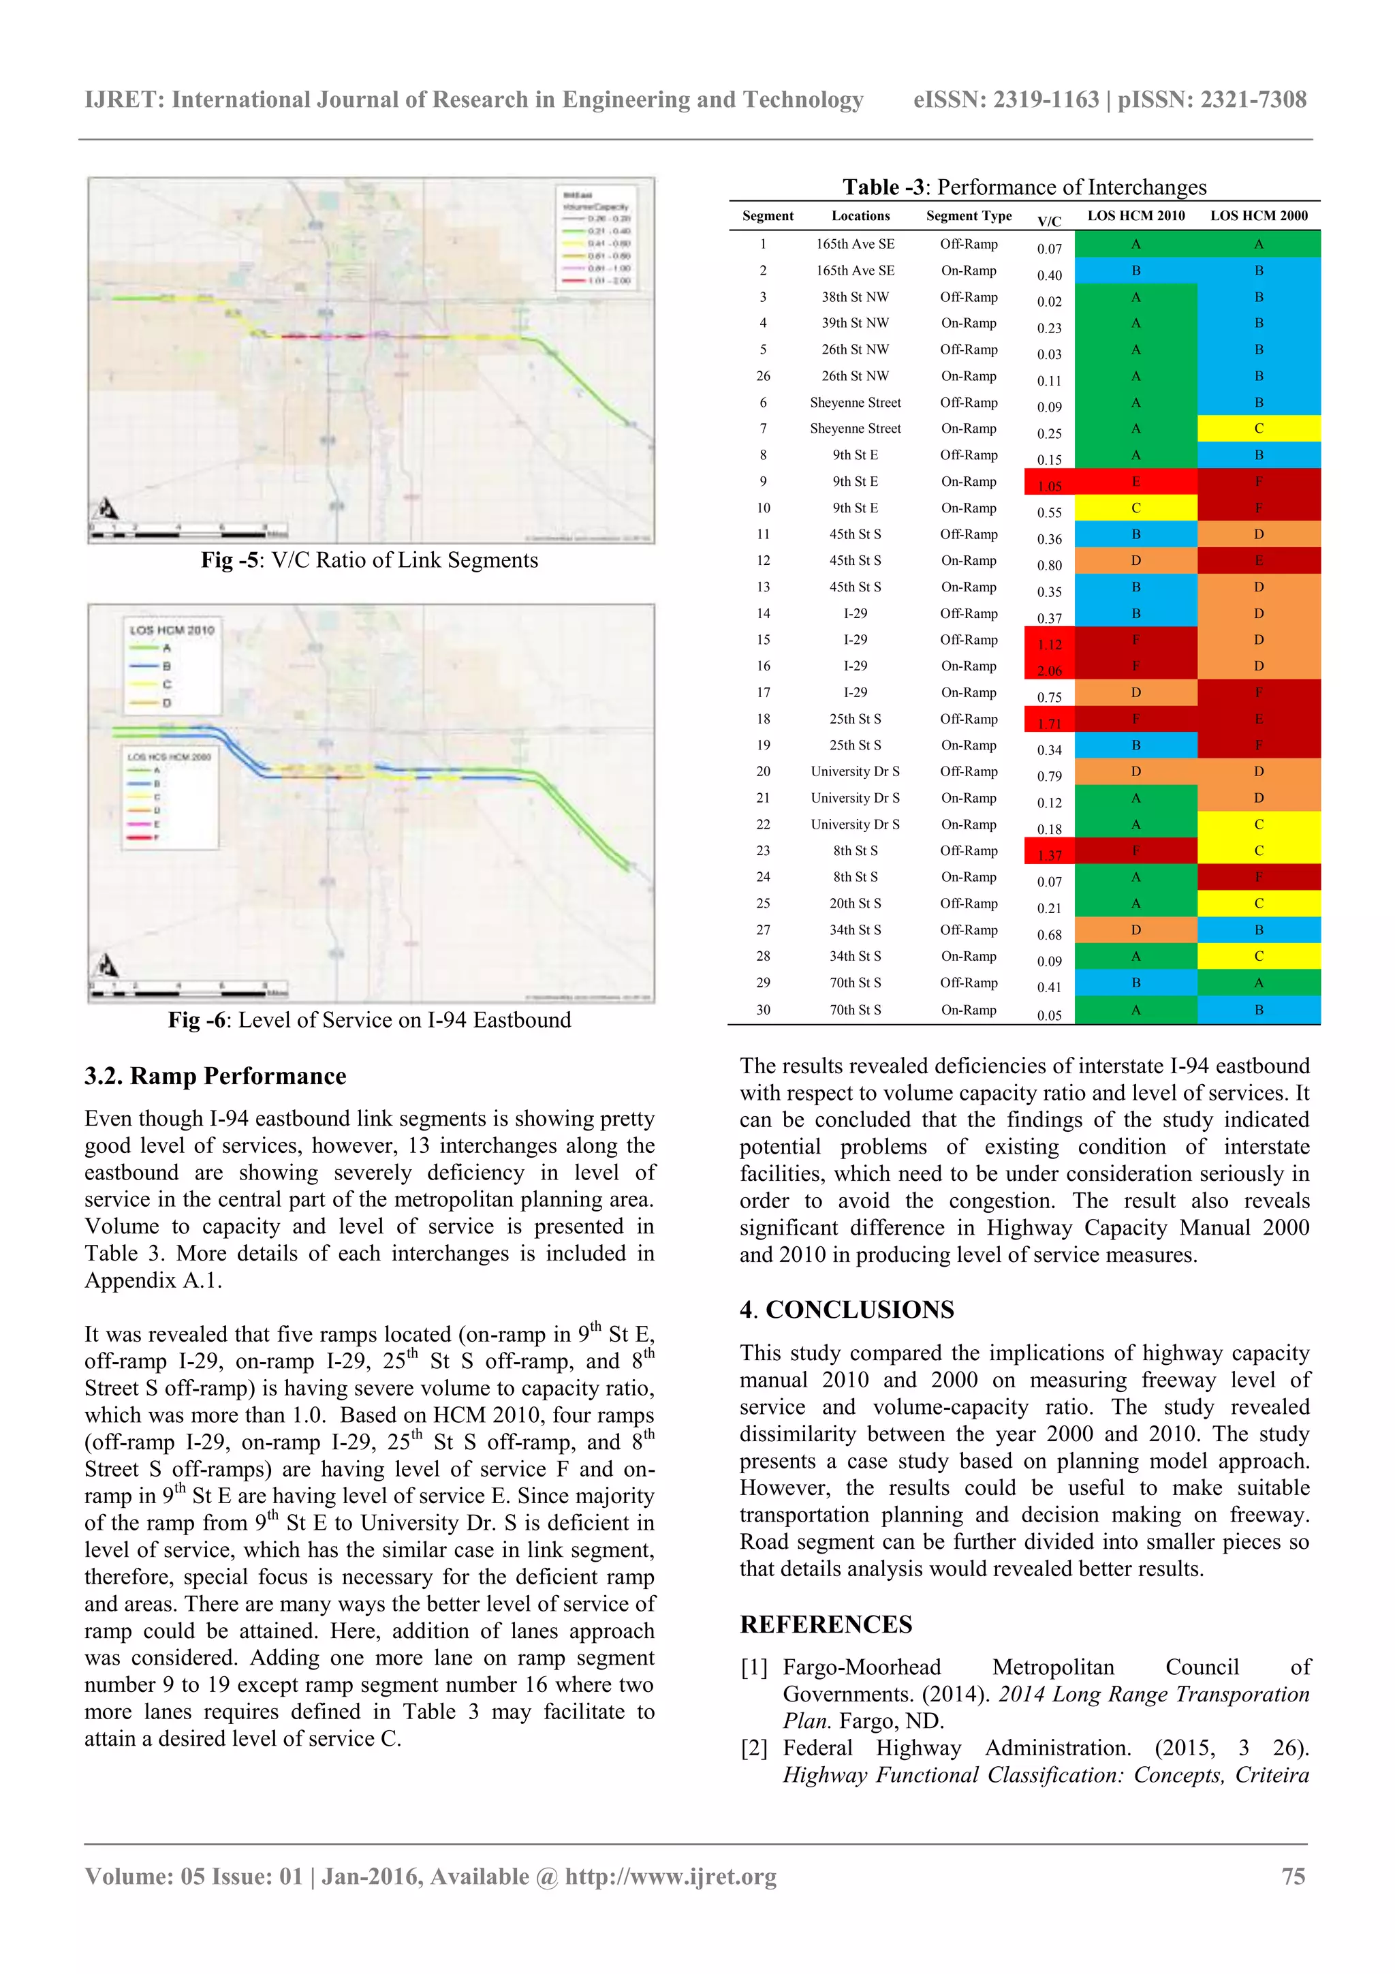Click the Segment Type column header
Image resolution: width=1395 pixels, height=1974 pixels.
click(x=969, y=216)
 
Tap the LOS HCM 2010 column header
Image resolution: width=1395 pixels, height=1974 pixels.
click(x=1135, y=216)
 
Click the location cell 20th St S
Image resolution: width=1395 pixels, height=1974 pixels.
click(x=856, y=903)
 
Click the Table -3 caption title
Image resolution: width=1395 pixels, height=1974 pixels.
click(x=1024, y=187)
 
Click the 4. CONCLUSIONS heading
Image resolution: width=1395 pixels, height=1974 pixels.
click(x=847, y=1310)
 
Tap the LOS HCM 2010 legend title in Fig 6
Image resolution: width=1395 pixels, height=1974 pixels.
click(x=172, y=630)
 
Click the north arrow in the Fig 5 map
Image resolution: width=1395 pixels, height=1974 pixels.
click(x=108, y=508)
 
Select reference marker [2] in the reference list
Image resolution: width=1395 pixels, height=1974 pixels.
click(x=754, y=1748)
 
